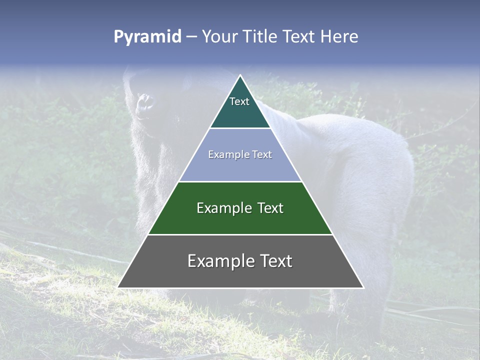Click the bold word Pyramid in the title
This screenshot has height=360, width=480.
pos(147,37)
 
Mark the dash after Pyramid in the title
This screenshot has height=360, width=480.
pos(191,37)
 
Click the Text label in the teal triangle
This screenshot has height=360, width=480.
pos(239,101)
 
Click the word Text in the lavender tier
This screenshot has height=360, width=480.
pos(262,155)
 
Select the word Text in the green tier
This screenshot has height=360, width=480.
pos(270,208)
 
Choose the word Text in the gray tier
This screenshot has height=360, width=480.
pos(273,261)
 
